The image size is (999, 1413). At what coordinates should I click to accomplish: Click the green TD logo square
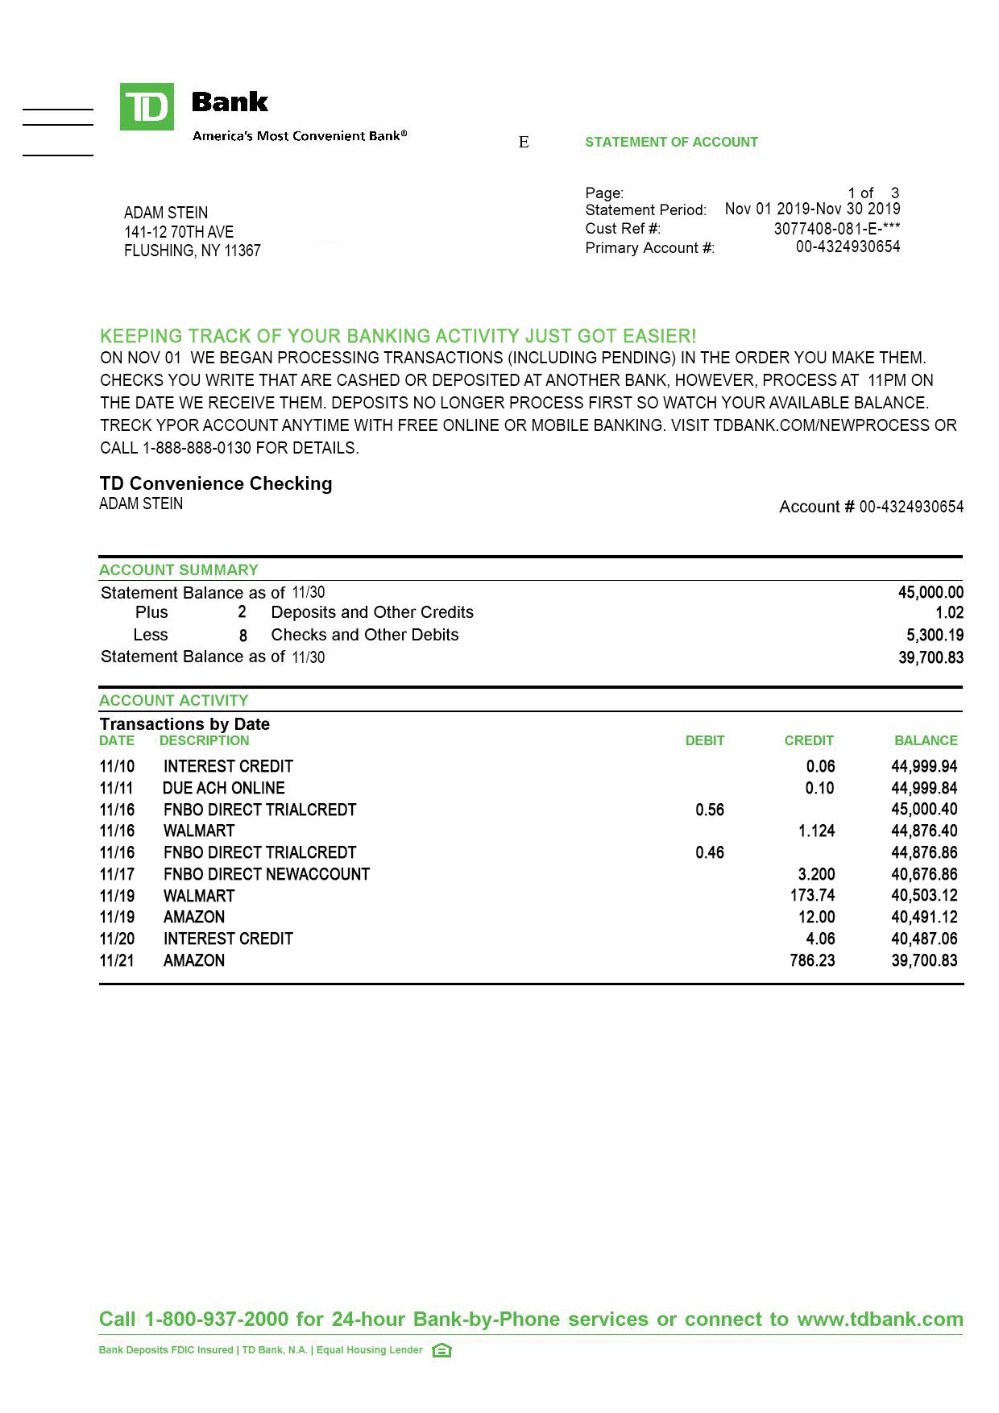pos(147,106)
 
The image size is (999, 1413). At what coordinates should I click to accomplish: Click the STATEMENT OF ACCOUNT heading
pos(671,143)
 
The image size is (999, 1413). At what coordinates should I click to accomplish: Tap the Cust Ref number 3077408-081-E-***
pos(836,229)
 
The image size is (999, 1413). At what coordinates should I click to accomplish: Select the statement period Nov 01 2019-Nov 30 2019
pos(812,209)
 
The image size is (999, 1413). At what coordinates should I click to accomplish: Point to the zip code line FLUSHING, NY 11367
pos(192,251)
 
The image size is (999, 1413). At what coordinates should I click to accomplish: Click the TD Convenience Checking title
pos(216,483)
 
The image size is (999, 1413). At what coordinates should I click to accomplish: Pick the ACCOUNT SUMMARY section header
pos(179,570)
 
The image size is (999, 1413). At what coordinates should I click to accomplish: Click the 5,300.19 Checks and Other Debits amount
pos(935,636)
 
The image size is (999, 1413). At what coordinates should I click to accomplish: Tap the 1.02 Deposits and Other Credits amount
pos(949,613)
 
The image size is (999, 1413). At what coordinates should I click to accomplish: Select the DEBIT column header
pos(705,741)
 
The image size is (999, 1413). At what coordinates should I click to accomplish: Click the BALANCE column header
pos(926,741)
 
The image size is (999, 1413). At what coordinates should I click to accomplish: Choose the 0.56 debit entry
pos(710,810)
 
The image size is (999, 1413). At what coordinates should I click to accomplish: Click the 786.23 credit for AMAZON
pos(812,961)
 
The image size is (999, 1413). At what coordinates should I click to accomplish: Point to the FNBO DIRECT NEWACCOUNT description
pos(267,875)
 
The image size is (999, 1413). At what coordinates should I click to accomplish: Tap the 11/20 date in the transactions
pos(117,939)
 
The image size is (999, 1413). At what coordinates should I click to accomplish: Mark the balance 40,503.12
pos(924,896)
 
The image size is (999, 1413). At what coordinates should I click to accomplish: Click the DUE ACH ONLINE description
pos(224,789)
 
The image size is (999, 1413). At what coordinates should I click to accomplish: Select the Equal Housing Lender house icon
pos(441,1350)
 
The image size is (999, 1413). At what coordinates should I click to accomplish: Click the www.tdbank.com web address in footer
pos(880,1320)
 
